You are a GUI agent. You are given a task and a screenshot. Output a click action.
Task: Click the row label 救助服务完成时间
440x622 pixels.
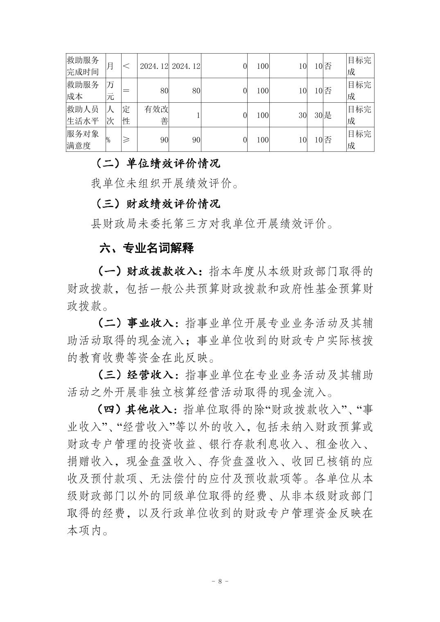83,66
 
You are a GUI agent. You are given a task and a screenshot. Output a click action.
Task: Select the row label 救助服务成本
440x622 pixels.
83,90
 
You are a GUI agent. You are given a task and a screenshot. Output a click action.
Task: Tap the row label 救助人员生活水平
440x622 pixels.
83,115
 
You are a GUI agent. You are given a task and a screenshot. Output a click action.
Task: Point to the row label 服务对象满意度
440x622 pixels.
83,140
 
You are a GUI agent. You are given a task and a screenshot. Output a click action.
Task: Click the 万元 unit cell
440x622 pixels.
111,90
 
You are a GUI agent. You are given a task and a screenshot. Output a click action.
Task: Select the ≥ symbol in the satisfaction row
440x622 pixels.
126,140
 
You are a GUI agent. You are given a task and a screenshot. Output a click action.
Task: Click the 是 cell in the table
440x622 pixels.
328,115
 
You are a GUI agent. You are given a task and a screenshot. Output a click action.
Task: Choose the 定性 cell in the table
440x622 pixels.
126,115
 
